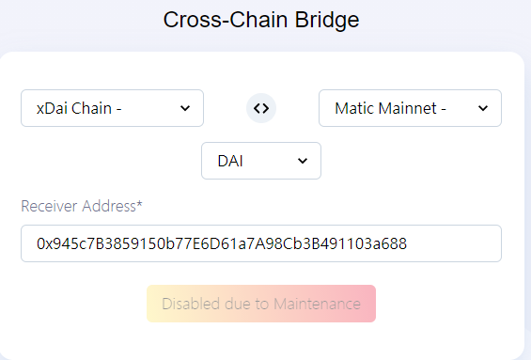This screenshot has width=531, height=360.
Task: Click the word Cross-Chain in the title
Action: pyautogui.click(x=226, y=20)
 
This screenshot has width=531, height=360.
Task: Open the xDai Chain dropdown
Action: pyautogui.click(x=112, y=108)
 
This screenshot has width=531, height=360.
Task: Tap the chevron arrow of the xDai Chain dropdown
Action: pyautogui.click(x=185, y=108)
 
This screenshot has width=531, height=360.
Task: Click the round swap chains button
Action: pyautogui.click(x=261, y=108)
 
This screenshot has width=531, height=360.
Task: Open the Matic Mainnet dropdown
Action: pyautogui.click(x=410, y=108)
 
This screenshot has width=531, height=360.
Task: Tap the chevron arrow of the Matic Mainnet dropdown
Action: pyautogui.click(x=483, y=108)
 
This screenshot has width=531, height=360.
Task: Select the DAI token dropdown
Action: pyautogui.click(x=261, y=161)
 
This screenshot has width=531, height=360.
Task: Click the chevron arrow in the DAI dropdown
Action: pyautogui.click(x=303, y=161)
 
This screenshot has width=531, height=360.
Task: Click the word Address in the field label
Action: pyautogui.click(x=109, y=206)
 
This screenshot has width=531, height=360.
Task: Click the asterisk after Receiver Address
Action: pyautogui.click(x=139, y=203)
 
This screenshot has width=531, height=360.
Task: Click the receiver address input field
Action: pyautogui.click(x=261, y=243)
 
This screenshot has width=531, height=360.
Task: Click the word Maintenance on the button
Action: pyautogui.click(x=317, y=304)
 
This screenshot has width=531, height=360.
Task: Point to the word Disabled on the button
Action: pyautogui.click(x=191, y=304)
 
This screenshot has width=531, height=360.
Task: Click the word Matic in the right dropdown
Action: pyautogui.click(x=354, y=108)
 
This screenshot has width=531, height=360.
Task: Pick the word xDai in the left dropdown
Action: pyautogui.click(x=52, y=108)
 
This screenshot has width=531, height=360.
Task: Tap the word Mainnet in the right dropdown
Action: pyautogui.click(x=407, y=108)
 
